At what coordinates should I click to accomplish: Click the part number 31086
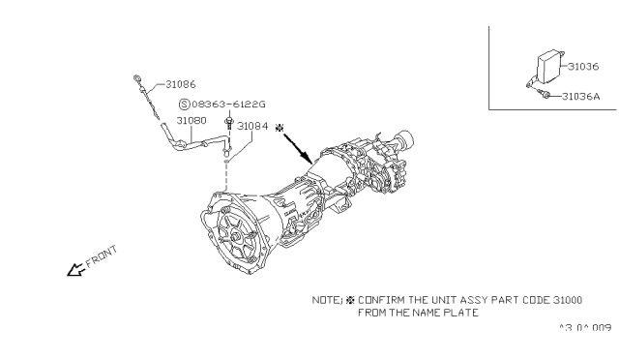point(181,84)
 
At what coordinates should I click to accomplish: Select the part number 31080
point(192,121)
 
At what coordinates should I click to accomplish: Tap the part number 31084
point(252,126)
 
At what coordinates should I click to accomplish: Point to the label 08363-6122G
point(228,105)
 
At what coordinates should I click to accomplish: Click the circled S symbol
point(185,105)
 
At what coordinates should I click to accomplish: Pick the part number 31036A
point(580,97)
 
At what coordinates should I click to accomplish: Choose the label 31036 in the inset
point(583,67)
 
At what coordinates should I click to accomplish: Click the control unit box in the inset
point(550,67)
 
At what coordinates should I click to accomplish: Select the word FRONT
point(102,256)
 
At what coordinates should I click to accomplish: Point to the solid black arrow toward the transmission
point(298,149)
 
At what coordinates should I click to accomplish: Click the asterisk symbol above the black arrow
point(280,128)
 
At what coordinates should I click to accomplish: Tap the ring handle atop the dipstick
point(136,77)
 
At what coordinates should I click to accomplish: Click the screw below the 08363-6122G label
point(228,122)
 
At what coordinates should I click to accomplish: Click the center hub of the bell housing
point(236,238)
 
